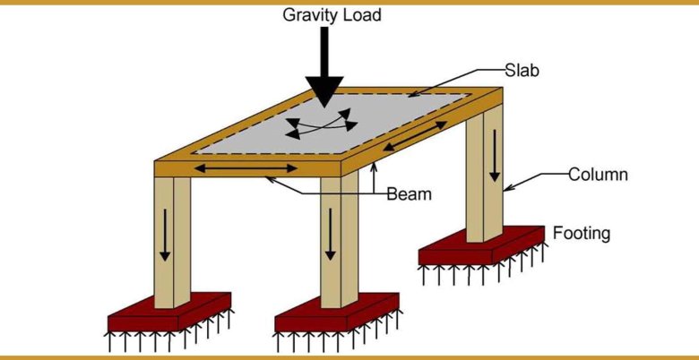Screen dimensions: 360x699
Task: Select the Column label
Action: [x=598, y=174]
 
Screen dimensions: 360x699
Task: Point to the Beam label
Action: [x=410, y=193]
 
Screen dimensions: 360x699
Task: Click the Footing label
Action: [x=581, y=235]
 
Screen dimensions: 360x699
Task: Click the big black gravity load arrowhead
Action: [x=324, y=90]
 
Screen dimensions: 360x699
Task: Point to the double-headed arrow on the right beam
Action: [x=411, y=136]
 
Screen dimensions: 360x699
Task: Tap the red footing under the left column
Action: [x=170, y=313]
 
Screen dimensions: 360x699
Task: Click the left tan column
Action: [x=173, y=242]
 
